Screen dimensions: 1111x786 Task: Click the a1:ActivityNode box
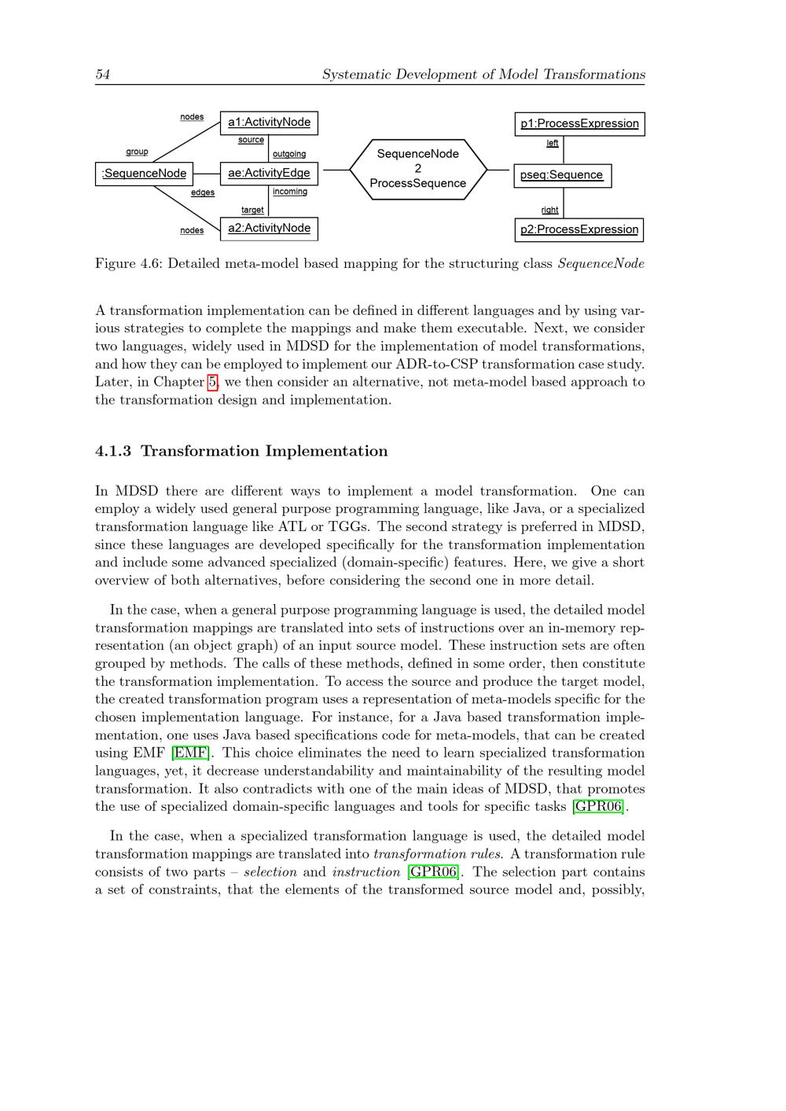coord(269,123)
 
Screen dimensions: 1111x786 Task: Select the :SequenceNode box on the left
coord(144,174)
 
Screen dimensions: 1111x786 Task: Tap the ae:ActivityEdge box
coord(269,174)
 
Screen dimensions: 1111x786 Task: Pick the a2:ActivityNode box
coord(269,229)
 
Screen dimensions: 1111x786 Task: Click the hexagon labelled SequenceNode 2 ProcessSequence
coord(417,169)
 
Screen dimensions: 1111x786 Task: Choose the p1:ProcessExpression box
coord(579,124)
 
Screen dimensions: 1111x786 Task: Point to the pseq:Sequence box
coord(562,175)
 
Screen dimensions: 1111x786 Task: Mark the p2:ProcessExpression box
coord(579,229)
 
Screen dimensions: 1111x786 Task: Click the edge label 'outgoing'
coord(289,154)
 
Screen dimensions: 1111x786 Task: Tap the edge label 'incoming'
coord(290,192)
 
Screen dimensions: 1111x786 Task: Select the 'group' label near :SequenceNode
coord(137,152)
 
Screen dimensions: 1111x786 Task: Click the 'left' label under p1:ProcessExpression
coord(553,143)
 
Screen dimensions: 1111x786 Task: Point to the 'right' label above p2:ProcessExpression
coord(550,210)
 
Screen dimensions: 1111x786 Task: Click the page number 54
coord(102,75)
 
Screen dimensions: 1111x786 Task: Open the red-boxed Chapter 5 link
coord(212,382)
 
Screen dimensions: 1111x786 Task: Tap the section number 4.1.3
coord(113,451)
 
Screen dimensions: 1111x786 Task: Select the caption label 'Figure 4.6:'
coord(128,264)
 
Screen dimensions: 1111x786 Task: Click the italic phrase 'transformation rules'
coord(437,854)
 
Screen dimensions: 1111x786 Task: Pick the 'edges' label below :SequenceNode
coord(203,192)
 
